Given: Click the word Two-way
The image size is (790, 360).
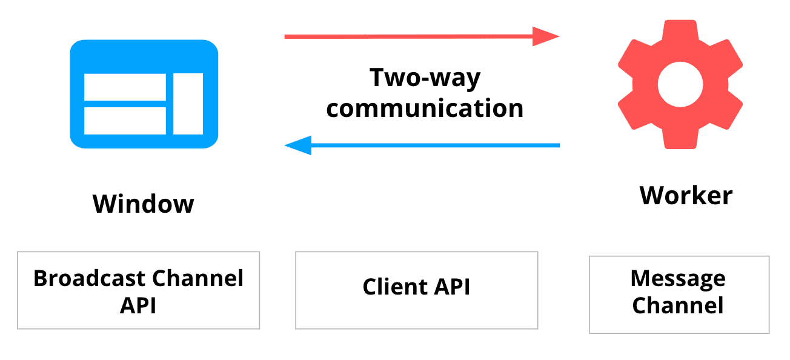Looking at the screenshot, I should [425, 78].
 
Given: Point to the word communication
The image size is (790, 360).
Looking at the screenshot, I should [425, 108].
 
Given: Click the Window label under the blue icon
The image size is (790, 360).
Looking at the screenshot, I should [144, 204].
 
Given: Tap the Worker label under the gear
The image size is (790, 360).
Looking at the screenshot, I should [686, 196].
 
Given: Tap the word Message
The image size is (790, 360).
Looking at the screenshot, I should [677, 278].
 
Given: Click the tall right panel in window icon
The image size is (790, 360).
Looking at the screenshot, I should [188, 104].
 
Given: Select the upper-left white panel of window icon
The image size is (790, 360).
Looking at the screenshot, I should [125, 87].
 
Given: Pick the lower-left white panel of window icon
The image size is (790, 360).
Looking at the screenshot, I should [125, 121].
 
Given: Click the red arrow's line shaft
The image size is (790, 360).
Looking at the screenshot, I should [406, 36].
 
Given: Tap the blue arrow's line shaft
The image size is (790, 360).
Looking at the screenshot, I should [436, 145].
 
